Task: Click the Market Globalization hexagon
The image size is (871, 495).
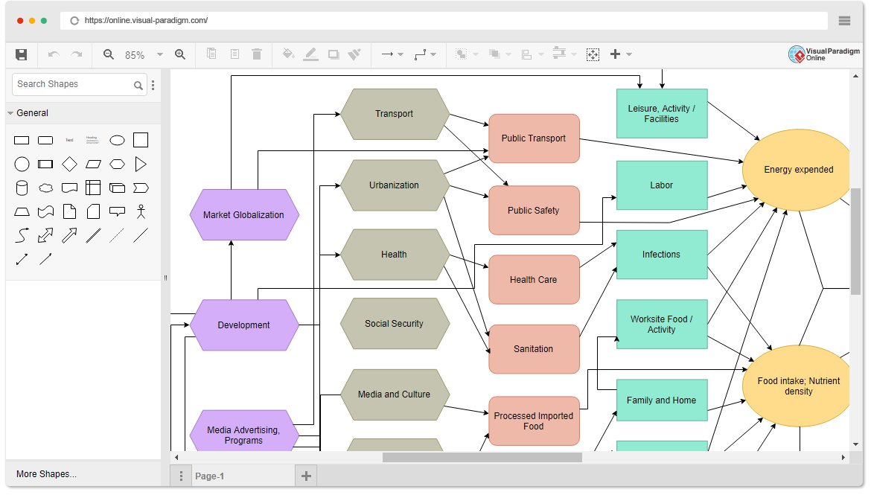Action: [x=244, y=215]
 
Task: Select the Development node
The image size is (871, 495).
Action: [x=244, y=325]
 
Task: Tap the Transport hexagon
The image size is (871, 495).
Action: [x=395, y=114]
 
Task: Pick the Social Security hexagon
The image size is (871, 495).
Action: [x=395, y=324]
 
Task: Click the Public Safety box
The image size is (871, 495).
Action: [x=534, y=211]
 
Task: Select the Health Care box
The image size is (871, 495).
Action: [x=534, y=280]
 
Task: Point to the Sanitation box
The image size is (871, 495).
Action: [x=534, y=349]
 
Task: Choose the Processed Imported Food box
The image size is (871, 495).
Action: [x=534, y=421]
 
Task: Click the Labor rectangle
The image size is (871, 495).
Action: [x=662, y=185]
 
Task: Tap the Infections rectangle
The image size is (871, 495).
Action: [x=662, y=255]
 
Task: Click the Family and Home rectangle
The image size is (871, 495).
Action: [x=662, y=400]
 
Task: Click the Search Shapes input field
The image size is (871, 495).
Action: [x=73, y=85]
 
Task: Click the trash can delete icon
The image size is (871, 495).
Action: [x=257, y=54]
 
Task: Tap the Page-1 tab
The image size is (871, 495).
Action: [x=209, y=476]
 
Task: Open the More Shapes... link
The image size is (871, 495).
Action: [x=46, y=474]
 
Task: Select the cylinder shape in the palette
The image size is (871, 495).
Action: [x=22, y=188]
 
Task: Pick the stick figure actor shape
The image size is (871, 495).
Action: [x=141, y=211]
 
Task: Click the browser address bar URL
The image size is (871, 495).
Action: [x=146, y=21]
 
